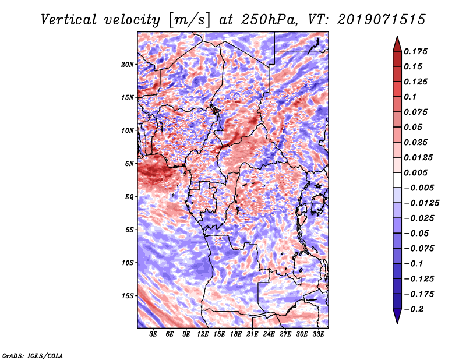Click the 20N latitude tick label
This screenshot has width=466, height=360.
tap(128, 65)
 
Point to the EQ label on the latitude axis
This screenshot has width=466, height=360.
tap(129, 197)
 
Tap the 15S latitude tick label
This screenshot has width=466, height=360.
tap(128, 296)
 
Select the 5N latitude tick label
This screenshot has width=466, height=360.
tap(129, 164)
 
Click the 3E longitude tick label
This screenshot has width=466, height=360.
tap(153, 334)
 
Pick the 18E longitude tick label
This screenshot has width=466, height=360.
tap(236, 334)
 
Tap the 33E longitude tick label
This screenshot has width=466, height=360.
tap(318, 334)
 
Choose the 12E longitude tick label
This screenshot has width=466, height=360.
tap(203, 334)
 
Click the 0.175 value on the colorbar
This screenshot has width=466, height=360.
tap(415, 51)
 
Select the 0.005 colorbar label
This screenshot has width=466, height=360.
tap(415, 172)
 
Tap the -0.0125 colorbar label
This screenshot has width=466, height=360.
tap(421, 203)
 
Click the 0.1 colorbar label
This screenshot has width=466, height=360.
tap(410, 97)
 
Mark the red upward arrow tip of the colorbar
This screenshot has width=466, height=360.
tap(397, 36)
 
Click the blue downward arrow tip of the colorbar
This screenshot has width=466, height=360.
tap(397, 323)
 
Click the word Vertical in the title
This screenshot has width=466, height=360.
tap(69, 20)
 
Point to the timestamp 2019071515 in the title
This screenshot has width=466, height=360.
tap(382, 20)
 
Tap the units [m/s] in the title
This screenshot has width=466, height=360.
tap(190, 20)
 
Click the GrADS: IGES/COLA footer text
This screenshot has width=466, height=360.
tap(33, 355)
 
